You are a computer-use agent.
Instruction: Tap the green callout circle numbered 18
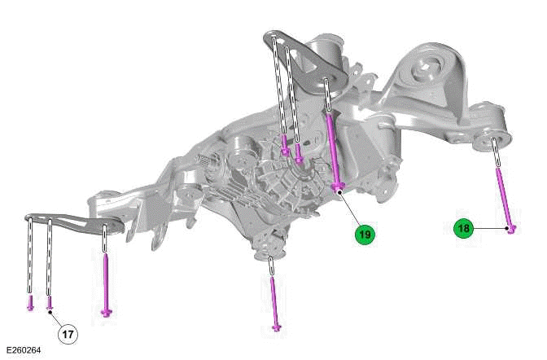(x=464, y=229)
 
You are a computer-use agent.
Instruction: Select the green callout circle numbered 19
(x=364, y=234)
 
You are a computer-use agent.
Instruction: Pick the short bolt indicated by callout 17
(x=50, y=303)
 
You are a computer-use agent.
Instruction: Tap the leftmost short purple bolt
(x=30, y=303)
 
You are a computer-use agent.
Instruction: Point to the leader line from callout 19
(x=350, y=211)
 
